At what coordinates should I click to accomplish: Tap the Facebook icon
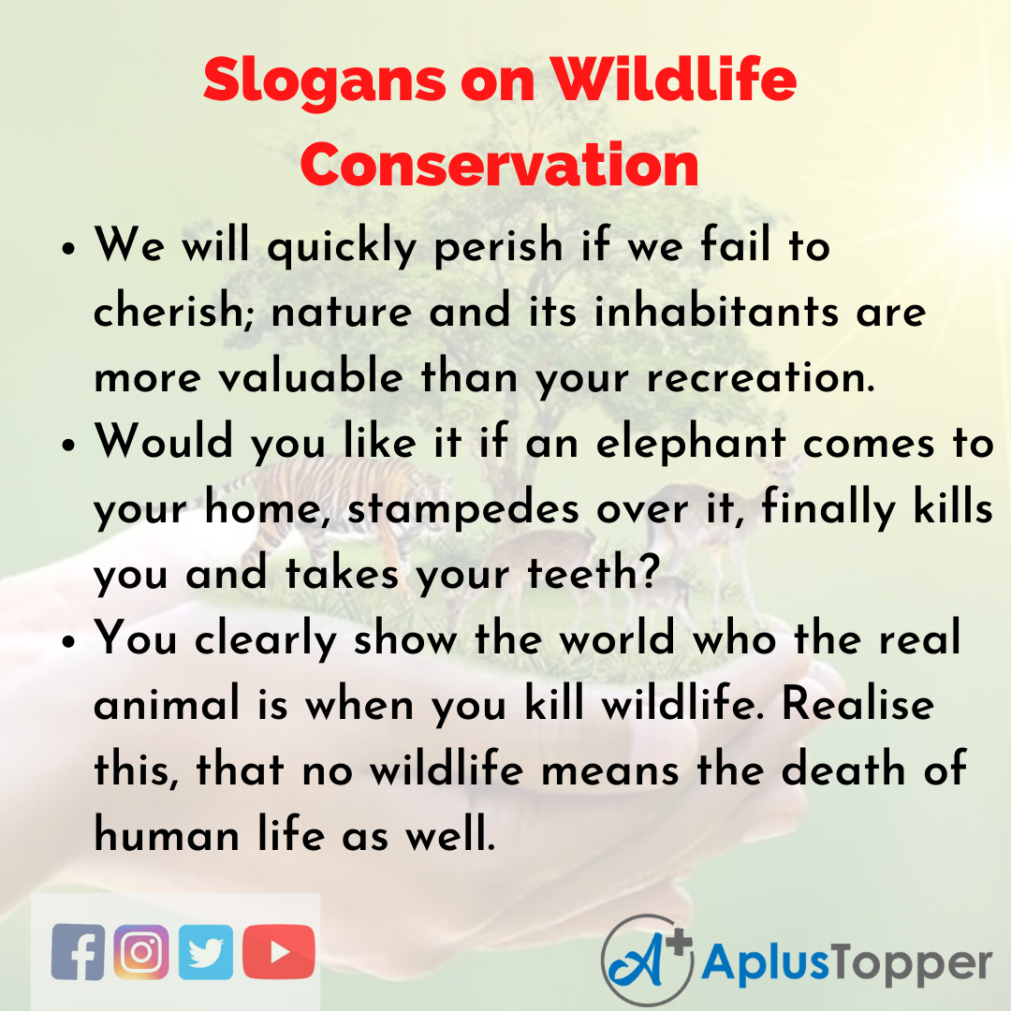(x=79, y=951)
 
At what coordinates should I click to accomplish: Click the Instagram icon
(x=141, y=951)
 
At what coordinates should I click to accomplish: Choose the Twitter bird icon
(x=206, y=951)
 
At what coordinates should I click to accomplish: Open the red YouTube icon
(x=279, y=951)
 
